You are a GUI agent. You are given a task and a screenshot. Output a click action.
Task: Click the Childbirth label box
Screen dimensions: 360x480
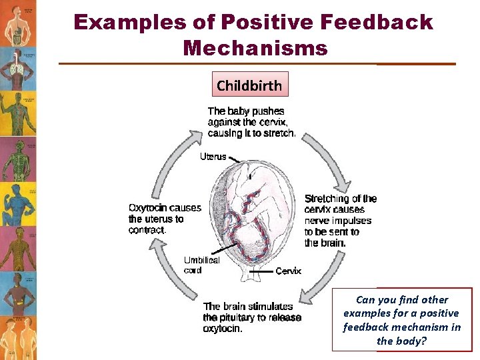click(x=249, y=85)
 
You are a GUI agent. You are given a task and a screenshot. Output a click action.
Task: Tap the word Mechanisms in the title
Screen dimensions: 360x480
click(x=255, y=48)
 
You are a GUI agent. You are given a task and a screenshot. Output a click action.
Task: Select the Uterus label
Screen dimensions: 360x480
click(x=213, y=157)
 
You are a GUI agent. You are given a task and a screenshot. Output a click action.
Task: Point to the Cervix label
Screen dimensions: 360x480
click(x=288, y=271)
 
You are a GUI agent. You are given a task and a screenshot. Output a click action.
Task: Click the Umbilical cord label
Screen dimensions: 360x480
click(x=201, y=265)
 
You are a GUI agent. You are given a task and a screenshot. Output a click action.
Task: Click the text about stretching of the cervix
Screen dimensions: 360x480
click(x=340, y=220)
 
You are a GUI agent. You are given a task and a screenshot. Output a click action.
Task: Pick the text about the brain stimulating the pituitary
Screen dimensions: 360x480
click(x=252, y=317)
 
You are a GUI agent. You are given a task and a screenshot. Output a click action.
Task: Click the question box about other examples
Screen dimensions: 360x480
click(x=401, y=320)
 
